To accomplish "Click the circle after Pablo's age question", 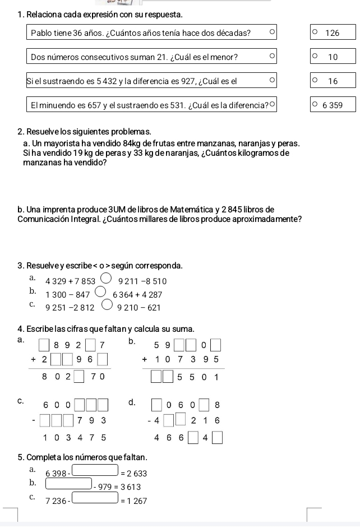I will coord(272,33).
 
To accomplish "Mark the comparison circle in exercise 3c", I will coord(106,306).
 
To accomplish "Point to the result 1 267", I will coord(136,501).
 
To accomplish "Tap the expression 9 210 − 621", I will coord(139,308).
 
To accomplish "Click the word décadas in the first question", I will coord(235,33).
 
